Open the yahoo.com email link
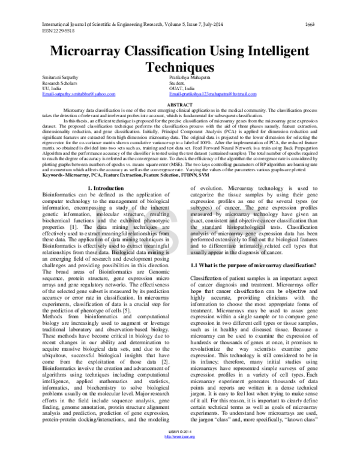tap(77, 95)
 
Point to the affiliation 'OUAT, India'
tap(182, 89)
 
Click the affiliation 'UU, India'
tap(52, 89)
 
